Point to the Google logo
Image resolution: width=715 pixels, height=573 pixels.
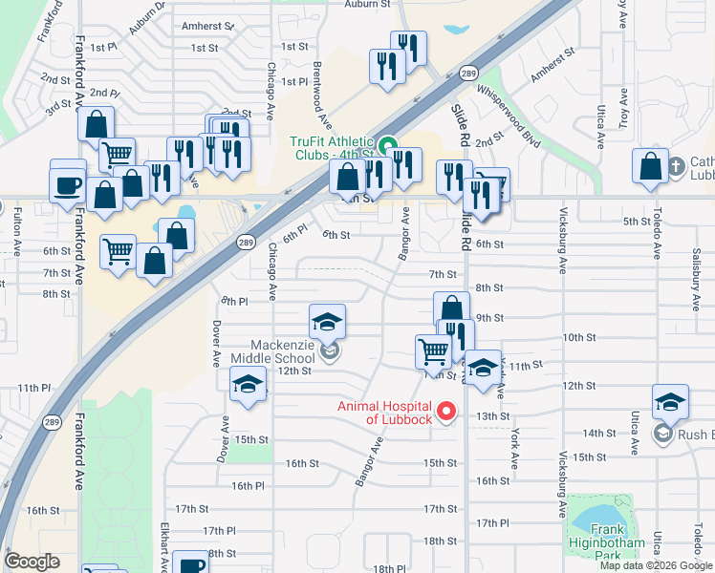coord(32,562)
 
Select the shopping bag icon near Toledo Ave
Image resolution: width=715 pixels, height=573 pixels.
coord(651,165)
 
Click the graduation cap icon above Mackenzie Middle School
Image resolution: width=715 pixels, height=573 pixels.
coord(327,321)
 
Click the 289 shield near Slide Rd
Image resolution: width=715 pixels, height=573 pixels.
coord(467,74)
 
